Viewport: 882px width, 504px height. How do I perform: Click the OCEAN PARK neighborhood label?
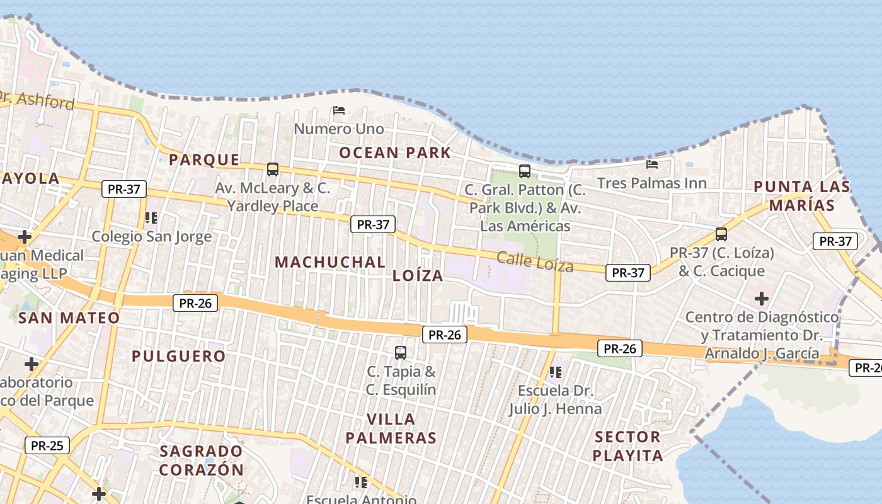pyautogui.click(x=395, y=152)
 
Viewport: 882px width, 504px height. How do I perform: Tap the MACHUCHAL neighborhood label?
pyautogui.click(x=330, y=262)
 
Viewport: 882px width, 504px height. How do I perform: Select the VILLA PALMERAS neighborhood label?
pyautogui.click(x=391, y=428)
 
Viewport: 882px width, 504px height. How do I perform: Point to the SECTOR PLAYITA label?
pyautogui.click(x=628, y=446)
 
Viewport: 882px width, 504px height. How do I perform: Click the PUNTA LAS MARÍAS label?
pyautogui.click(x=802, y=196)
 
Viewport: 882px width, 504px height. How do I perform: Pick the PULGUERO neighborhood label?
pyautogui.click(x=178, y=356)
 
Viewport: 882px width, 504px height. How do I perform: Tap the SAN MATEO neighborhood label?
pyautogui.click(x=69, y=318)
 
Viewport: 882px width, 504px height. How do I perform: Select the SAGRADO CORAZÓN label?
pyautogui.click(x=201, y=461)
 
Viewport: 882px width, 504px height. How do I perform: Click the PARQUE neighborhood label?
pyautogui.click(x=204, y=160)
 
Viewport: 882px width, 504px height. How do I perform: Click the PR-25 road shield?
pyautogui.click(x=47, y=446)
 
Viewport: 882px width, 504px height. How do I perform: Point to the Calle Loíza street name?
pyautogui.click(x=535, y=261)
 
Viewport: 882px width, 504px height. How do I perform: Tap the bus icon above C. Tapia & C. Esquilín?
pyautogui.click(x=401, y=352)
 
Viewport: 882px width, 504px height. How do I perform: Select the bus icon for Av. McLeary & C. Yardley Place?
pyautogui.click(x=273, y=169)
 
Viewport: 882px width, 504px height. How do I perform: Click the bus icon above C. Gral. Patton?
pyautogui.click(x=525, y=171)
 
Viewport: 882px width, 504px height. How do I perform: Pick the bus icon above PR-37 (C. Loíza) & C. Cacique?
pyautogui.click(x=721, y=234)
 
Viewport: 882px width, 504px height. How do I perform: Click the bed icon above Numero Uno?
pyautogui.click(x=339, y=110)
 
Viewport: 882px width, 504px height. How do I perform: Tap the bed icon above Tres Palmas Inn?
pyautogui.click(x=652, y=164)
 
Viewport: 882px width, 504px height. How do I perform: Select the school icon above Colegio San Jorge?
pyautogui.click(x=151, y=218)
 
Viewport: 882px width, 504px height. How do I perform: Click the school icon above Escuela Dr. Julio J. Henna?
pyautogui.click(x=555, y=372)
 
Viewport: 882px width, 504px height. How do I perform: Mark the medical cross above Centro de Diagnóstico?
pyautogui.click(x=762, y=298)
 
